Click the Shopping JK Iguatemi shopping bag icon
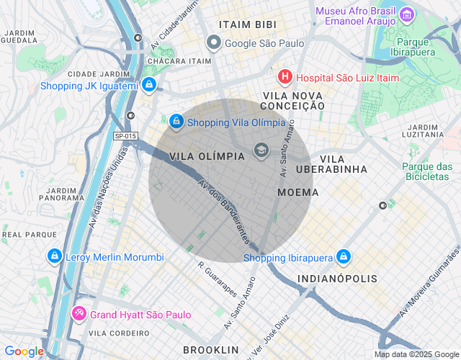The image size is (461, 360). click(x=148, y=86)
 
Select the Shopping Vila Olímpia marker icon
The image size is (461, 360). click(x=176, y=122)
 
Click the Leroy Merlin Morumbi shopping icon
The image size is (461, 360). click(x=54, y=257)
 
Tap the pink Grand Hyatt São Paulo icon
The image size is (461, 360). click(x=79, y=315)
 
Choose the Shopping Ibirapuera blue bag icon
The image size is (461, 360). click(x=344, y=257)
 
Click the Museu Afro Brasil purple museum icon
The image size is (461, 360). click(x=407, y=14)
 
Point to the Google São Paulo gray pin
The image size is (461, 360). click(x=213, y=43)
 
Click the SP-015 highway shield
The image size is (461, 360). click(x=125, y=135)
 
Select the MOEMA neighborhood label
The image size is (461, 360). click(x=297, y=192)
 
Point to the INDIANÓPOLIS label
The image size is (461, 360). click(x=336, y=278)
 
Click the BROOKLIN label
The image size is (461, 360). click(x=210, y=349)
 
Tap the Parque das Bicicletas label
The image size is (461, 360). click(x=426, y=171)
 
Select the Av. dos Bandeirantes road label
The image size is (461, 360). click(x=224, y=210)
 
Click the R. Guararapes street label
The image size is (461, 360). click(x=217, y=279)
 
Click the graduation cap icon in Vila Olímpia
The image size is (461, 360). click(x=261, y=150)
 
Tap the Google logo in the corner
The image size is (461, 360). click(x=24, y=351)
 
